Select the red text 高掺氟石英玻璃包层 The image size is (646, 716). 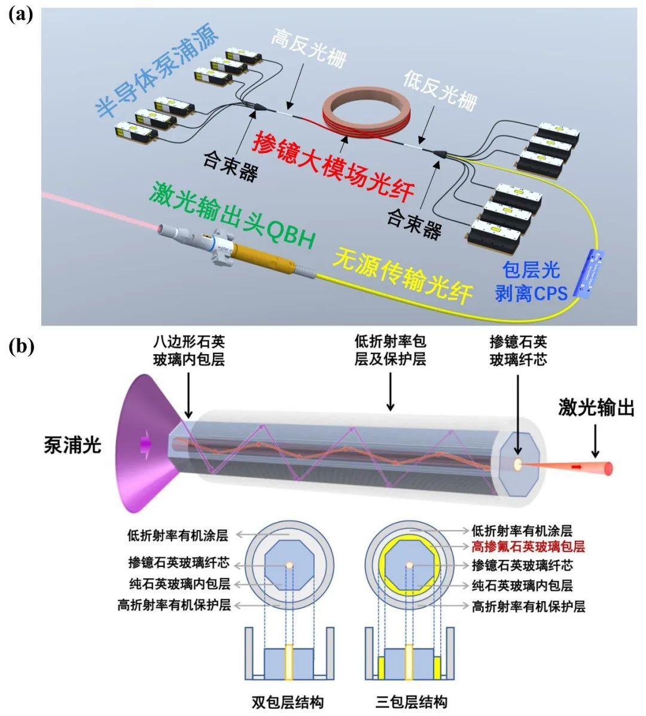click(x=528, y=546)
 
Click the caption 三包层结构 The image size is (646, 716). click(x=411, y=701)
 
